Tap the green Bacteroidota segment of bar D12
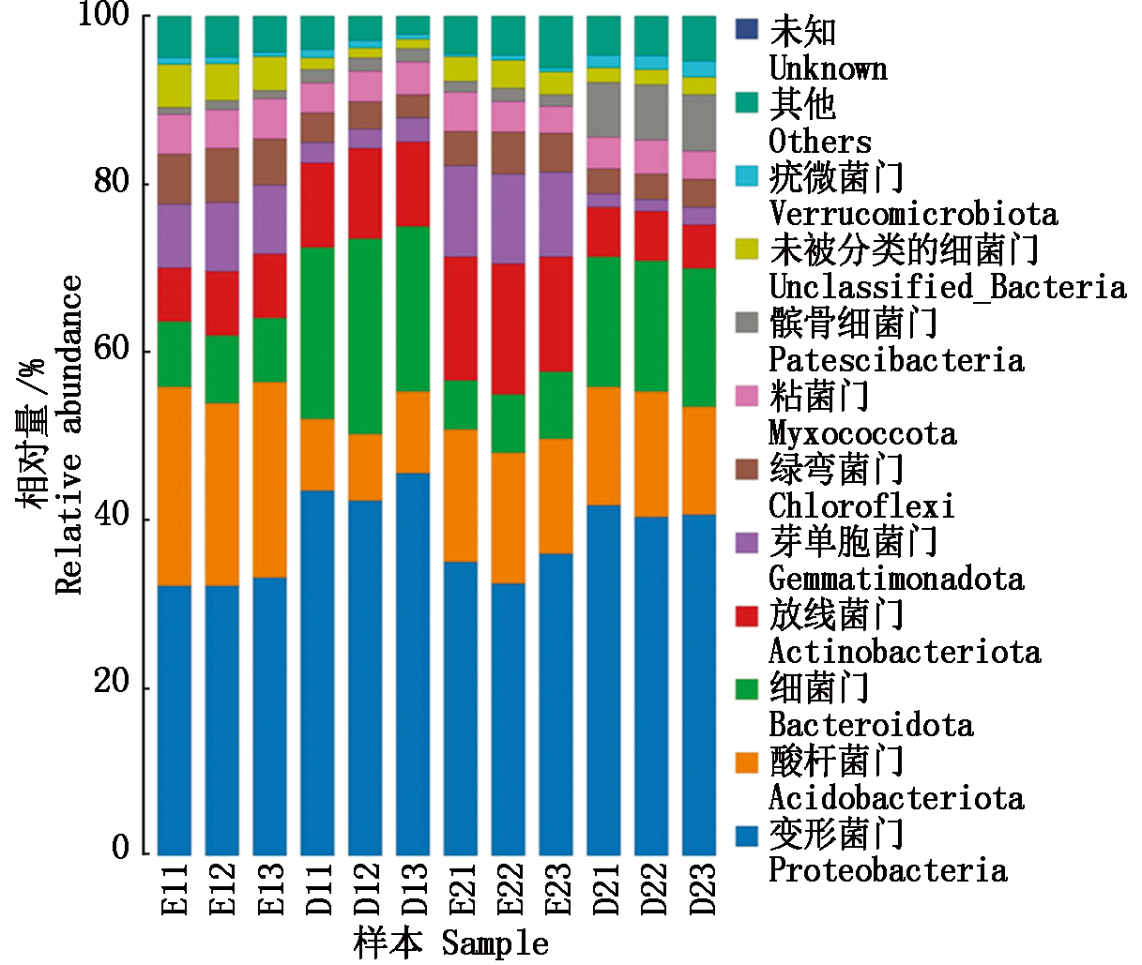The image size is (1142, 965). pyautogui.click(x=366, y=337)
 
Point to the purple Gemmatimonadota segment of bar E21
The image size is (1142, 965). pyautogui.click(x=461, y=211)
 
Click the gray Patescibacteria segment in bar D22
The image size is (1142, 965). pyautogui.click(x=652, y=113)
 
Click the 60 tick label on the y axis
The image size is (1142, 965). pyautogui.click(x=111, y=351)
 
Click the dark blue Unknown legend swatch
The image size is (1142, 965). pyautogui.click(x=746, y=29)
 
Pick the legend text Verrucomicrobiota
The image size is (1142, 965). pyautogui.click(x=913, y=214)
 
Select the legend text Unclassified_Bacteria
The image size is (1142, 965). pyautogui.click(x=947, y=287)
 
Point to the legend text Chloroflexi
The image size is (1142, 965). pyautogui.click(x=861, y=506)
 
